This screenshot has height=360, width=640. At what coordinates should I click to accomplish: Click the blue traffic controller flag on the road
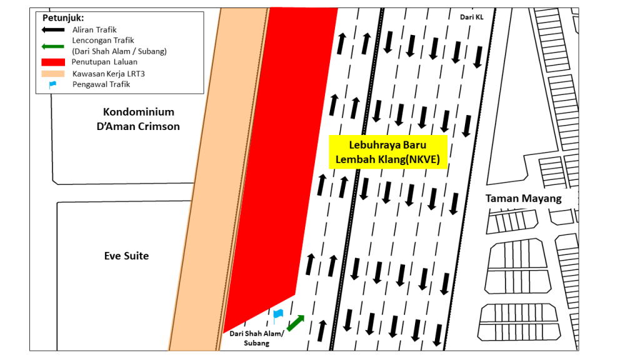(x=278, y=316)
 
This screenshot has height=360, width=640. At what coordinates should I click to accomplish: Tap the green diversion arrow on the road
(x=296, y=323)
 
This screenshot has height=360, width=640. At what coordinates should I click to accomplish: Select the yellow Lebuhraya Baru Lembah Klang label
(x=387, y=152)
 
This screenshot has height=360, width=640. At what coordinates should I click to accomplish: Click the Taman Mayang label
(x=523, y=198)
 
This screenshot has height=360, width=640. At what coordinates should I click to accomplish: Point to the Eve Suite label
(x=126, y=256)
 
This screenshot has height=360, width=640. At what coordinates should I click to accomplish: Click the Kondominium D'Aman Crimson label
(x=138, y=119)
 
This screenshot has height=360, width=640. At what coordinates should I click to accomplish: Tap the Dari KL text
(x=471, y=17)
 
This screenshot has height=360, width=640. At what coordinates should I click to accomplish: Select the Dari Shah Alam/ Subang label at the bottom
(x=257, y=338)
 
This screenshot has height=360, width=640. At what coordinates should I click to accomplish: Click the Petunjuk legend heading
(x=63, y=18)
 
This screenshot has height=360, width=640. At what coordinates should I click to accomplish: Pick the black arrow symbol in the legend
(x=53, y=30)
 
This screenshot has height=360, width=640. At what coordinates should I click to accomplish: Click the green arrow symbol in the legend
(x=53, y=46)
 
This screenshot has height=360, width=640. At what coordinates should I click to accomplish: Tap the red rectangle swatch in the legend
(x=53, y=62)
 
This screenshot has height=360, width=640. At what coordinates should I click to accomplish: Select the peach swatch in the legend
(x=53, y=74)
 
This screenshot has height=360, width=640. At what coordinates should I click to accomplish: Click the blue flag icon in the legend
(x=52, y=85)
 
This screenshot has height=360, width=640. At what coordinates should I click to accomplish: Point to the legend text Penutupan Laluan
(x=104, y=62)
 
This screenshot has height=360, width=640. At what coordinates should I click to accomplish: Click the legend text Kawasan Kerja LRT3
(x=109, y=74)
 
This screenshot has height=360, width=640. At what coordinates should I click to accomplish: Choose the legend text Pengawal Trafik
(x=101, y=84)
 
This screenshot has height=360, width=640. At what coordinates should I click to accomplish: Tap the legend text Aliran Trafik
(x=94, y=30)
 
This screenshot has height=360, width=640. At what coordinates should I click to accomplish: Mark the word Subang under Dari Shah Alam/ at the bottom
(x=257, y=343)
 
